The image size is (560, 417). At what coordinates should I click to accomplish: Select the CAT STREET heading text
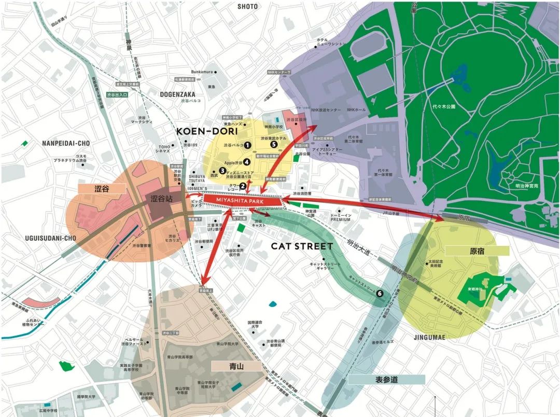point(301,246)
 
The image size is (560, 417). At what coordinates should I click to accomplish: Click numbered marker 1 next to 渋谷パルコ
point(248,145)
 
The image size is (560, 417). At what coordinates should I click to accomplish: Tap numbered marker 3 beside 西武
point(222,170)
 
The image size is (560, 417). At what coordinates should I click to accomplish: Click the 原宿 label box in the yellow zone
point(477,251)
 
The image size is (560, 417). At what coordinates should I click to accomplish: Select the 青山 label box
point(236,366)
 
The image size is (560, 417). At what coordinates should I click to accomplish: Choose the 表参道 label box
point(386,379)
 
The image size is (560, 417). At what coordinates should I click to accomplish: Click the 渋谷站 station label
point(160,199)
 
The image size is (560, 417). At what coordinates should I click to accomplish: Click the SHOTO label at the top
point(247,6)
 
